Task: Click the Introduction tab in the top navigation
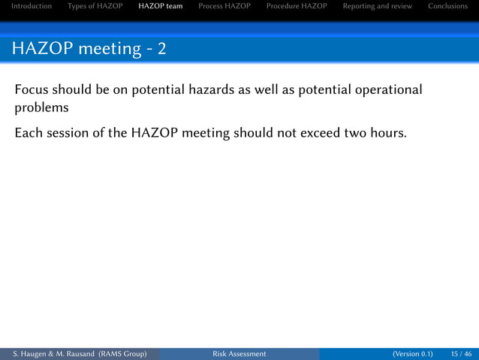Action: pos(31,6)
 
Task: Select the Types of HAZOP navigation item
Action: pos(95,6)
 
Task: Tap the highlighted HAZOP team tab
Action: pos(161,6)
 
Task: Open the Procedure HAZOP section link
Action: pos(297,6)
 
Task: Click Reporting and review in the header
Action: pos(378,6)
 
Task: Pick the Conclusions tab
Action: pos(447,6)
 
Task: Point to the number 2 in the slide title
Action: pos(162,50)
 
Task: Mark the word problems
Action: pos(42,107)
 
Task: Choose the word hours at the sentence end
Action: pos(387,135)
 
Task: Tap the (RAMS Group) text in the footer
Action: pos(122,354)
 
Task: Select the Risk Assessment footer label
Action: pos(239,354)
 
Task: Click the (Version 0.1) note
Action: pos(412,354)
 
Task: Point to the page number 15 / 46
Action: pos(462,354)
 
